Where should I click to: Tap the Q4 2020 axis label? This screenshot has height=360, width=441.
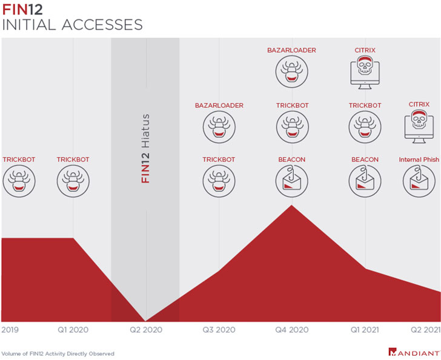pos(291,330)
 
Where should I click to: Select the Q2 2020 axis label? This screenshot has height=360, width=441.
pos(146,330)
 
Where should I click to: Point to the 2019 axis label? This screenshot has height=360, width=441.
pos(10,330)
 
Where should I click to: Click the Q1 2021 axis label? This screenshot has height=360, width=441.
pos(365,330)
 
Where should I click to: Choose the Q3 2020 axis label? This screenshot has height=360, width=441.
pos(219,330)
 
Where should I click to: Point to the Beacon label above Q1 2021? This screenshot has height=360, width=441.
pos(365,160)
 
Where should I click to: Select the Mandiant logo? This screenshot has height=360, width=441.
pos(414,352)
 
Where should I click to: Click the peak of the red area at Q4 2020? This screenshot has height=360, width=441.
pos(292,207)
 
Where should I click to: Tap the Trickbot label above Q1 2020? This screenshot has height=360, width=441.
pos(73,160)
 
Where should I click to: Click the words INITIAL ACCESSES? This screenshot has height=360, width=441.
pos(72,25)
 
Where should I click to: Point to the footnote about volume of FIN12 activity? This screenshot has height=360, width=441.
pos(58,353)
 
